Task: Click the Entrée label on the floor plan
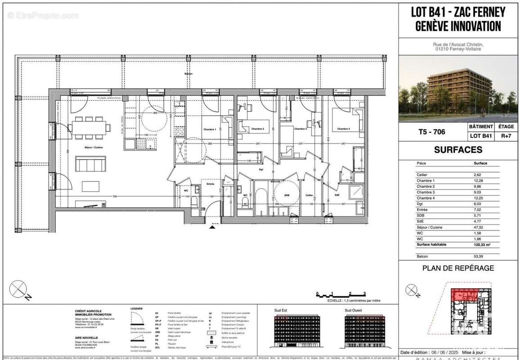pyautogui.click(x=210, y=184)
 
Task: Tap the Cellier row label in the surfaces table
pyautogui.click(x=422, y=175)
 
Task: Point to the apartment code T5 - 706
pyautogui.click(x=433, y=132)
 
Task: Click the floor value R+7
pyautogui.click(x=507, y=135)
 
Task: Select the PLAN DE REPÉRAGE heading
pyautogui.click(x=458, y=268)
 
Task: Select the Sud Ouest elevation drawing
pyautogui.click(x=365, y=330)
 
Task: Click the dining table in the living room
pyautogui.click(x=91, y=127)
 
